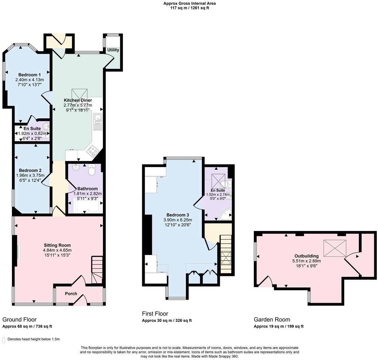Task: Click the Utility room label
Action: [x=113, y=50]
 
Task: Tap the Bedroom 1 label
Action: [x=30, y=75]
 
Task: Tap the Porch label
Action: [x=71, y=294]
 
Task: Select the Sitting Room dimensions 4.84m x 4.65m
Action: [x=57, y=250]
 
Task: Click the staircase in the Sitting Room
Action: [x=97, y=269]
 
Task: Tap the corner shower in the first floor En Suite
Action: [x=226, y=215]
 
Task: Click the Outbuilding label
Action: [x=306, y=256]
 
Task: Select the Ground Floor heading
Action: [x=19, y=319]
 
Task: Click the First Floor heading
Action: [x=155, y=314]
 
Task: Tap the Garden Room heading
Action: [x=272, y=319]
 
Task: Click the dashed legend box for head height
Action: [x=4, y=340]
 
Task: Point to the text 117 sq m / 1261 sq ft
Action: [x=189, y=8]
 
